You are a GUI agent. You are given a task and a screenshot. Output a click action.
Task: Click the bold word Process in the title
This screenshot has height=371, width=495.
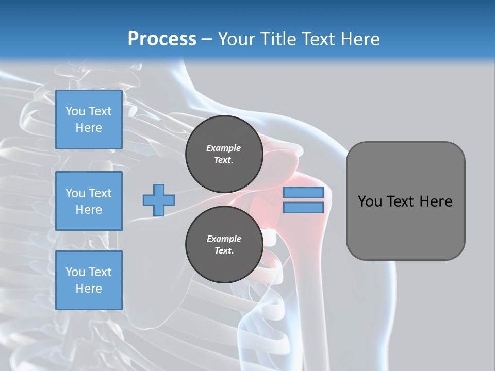pos(162,39)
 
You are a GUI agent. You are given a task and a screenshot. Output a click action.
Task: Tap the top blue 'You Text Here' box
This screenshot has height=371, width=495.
pos(89,120)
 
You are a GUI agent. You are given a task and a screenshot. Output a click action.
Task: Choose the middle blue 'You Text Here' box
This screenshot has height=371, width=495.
pos(89,201)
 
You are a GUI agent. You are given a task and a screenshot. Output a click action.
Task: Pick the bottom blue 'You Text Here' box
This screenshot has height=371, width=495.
pos(89,280)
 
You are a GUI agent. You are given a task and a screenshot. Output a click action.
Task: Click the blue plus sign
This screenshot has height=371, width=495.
pos(159,200)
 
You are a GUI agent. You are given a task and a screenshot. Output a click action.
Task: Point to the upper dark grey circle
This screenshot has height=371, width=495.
pos(224,154)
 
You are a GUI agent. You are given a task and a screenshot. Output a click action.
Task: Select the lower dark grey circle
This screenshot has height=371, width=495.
pos(224,244)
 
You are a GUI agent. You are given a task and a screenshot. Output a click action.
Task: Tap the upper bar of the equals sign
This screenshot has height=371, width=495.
pos(303,193)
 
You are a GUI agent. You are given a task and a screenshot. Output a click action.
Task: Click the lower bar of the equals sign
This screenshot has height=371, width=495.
pos(303,207)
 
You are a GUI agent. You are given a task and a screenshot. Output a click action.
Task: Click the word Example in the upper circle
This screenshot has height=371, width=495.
pos(224,148)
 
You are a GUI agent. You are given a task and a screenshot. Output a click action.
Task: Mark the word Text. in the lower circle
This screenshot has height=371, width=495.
pos(224,251)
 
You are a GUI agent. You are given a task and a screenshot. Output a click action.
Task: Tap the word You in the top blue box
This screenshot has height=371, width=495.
pos(75,111)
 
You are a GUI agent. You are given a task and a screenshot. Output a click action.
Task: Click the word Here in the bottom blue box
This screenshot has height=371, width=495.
pos(89,289)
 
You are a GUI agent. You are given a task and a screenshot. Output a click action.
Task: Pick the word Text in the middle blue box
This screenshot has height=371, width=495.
pos(100,193)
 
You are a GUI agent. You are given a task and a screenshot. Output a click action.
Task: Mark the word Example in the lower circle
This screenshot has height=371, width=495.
pos(224,239)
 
